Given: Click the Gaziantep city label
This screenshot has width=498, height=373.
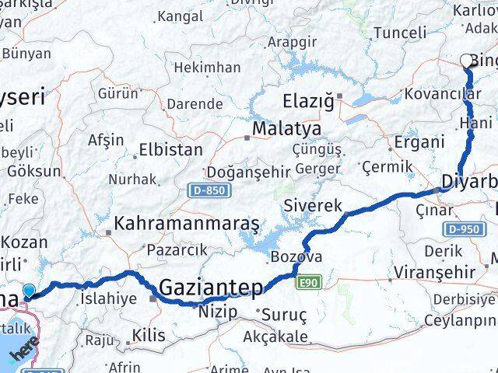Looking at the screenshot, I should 210,288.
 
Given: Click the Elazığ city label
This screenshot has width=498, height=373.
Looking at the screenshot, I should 307,101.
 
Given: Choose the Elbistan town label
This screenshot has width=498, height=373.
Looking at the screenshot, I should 170,149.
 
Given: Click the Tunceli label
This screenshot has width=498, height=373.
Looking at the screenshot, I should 400,33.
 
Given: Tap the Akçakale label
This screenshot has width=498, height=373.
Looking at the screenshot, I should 277,337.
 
